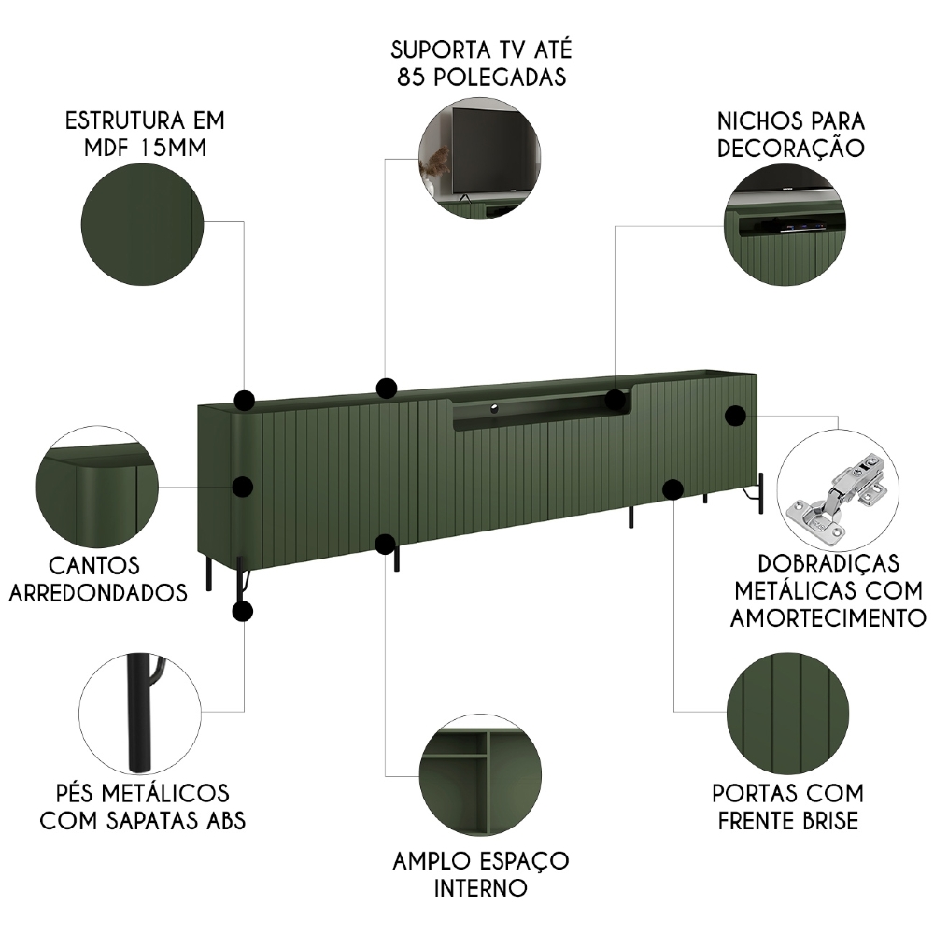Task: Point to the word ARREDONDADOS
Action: (x=101, y=592)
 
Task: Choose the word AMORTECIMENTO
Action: (x=828, y=616)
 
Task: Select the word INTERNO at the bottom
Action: (x=480, y=885)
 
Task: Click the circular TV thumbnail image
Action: (x=480, y=160)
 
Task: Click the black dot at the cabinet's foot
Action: (x=242, y=612)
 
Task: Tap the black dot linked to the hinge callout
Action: (x=735, y=416)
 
